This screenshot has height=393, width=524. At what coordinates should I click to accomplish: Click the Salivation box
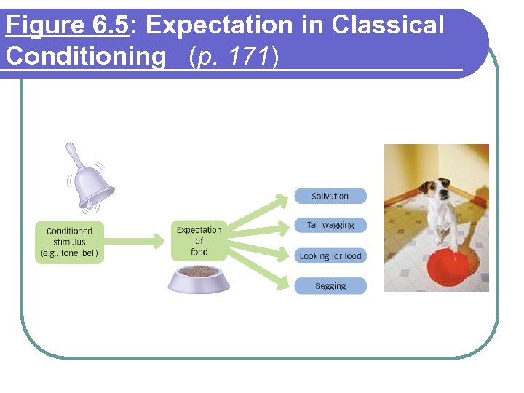330,196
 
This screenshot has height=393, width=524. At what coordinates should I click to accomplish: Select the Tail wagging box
330,225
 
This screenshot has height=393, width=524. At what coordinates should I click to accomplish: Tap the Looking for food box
330,256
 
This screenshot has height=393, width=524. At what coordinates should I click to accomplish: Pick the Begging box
330,286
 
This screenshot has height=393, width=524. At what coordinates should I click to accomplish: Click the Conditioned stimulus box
69,242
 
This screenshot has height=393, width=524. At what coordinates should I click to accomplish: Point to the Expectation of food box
199,241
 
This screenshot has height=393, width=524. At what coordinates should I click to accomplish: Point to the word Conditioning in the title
86,56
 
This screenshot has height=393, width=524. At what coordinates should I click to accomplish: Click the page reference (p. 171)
234,56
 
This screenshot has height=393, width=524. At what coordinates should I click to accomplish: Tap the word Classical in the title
387,25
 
